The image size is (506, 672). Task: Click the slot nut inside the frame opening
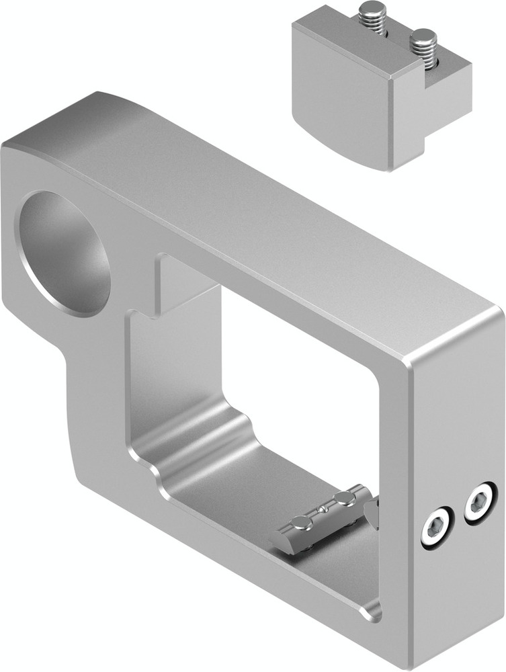point(323,519)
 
